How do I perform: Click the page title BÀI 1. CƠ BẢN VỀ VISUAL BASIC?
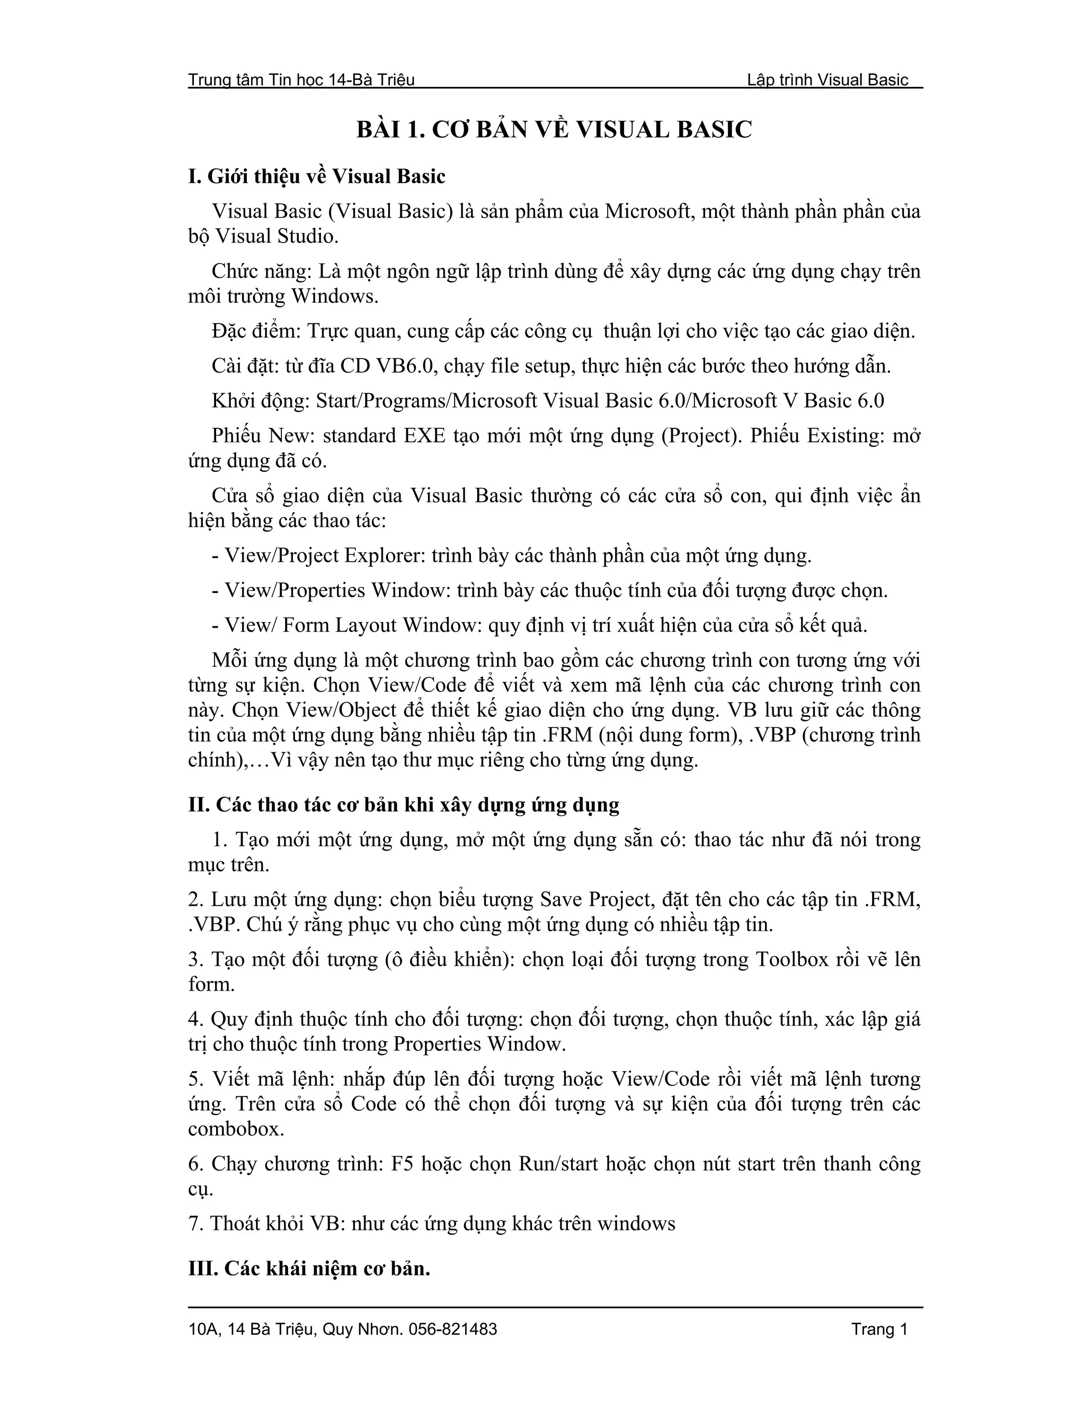click(x=554, y=130)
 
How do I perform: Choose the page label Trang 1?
click(x=879, y=1329)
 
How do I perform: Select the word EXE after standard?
click(x=424, y=436)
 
